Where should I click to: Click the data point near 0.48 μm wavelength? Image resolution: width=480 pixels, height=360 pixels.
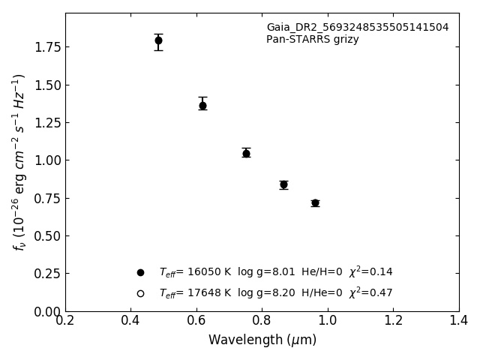[158, 40]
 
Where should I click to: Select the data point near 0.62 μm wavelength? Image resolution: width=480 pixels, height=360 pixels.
[202, 106]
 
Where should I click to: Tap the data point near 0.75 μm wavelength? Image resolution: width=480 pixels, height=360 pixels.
[246, 153]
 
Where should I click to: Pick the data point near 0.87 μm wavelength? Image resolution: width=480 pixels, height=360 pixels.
[283, 184]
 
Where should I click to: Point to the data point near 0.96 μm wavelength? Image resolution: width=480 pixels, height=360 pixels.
[315, 203]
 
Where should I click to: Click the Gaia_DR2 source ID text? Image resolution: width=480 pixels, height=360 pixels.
[357, 28]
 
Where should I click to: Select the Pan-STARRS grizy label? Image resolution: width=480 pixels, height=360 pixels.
[312, 40]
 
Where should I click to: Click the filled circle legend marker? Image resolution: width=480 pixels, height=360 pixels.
[140, 272]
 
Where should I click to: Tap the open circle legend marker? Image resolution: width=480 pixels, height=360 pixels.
[140, 293]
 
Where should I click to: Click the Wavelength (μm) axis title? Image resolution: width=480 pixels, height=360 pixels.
[262, 340]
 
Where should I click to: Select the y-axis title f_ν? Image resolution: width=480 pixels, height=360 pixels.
[19, 161]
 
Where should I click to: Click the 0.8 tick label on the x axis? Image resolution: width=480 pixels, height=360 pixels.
[262, 321]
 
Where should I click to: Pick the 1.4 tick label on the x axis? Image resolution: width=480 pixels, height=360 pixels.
[459, 321]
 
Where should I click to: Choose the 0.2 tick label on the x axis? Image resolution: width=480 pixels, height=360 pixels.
[65, 321]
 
